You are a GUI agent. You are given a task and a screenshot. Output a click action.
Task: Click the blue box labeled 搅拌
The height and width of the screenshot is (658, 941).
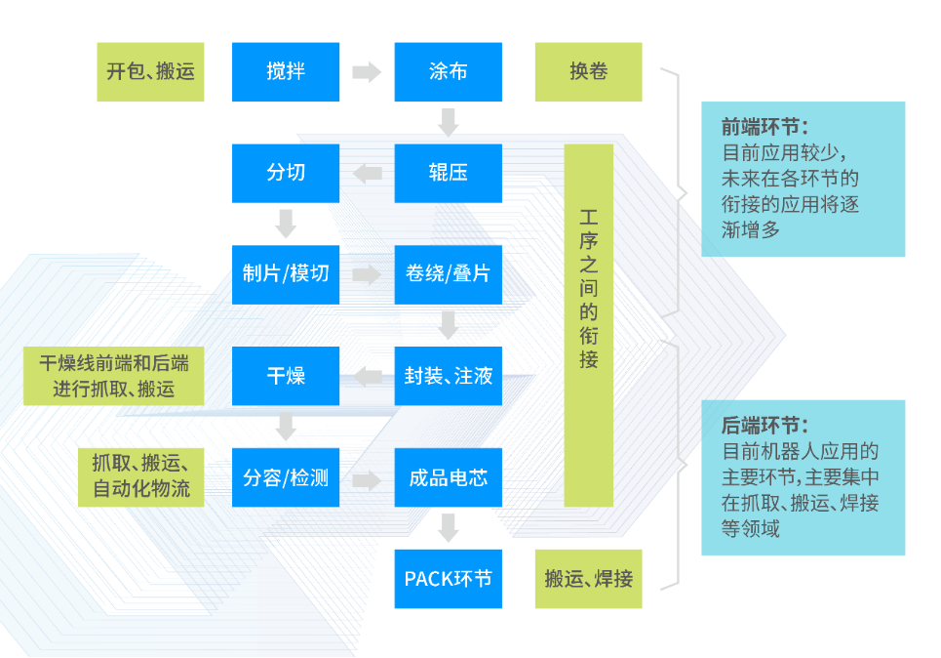tap(286, 71)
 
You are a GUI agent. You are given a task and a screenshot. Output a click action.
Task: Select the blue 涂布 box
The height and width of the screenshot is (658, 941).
tap(448, 71)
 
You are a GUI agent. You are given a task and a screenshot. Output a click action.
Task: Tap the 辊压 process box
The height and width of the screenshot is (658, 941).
tap(448, 173)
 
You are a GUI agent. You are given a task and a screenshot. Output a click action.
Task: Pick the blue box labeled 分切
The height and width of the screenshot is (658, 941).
tap(286, 173)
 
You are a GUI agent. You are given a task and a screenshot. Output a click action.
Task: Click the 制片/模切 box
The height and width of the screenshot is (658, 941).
tap(286, 273)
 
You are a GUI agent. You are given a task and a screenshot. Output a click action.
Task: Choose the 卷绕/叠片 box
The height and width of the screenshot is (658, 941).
tap(448, 273)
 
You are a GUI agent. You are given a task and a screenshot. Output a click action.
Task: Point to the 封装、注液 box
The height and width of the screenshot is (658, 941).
tap(448, 376)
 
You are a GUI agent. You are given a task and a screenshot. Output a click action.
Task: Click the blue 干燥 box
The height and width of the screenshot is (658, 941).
tap(286, 376)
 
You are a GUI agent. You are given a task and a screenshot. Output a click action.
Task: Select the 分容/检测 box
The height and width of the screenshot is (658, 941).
tap(286, 477)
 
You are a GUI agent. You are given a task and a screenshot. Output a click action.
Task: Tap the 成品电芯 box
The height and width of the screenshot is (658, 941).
tap(448, 477)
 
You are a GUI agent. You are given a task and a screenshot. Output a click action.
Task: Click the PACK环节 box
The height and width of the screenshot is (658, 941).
tap(448, 579)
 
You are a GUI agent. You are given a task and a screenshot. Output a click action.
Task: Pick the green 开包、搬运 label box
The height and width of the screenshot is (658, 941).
tap(150, 71)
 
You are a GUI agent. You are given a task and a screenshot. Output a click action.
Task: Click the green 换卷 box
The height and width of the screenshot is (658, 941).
tap(588, 71)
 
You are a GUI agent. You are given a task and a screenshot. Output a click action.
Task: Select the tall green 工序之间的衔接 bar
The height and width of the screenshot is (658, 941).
tap(588, 325)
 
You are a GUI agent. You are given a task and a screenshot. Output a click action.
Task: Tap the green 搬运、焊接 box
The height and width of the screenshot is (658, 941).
tap(588, 579)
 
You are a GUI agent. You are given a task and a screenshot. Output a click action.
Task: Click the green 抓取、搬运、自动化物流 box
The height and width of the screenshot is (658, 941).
tap(141, 477)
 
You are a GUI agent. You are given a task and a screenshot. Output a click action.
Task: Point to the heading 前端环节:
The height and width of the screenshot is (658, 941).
tap(765, 127)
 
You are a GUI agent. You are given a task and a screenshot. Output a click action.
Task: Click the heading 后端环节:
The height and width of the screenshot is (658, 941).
tap(765, 426)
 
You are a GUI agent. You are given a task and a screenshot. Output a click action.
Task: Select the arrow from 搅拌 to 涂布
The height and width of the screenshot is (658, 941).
tap(367, 71)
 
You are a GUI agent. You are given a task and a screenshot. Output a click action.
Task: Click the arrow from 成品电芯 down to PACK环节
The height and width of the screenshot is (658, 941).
tap(448, 528)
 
